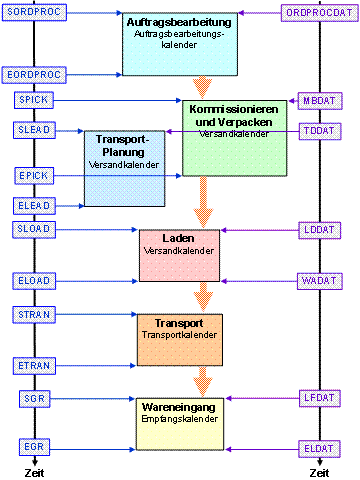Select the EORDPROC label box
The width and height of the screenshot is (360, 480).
pos(35,74)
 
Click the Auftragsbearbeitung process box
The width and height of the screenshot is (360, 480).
pos(181,44)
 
